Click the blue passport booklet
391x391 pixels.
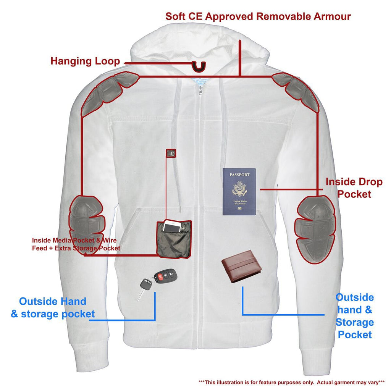[239, 192]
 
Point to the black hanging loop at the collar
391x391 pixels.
[199, 66]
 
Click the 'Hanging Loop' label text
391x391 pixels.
[85, 61]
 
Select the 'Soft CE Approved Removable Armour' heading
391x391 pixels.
[258, 16]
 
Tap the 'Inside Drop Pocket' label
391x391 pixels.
[354, 188]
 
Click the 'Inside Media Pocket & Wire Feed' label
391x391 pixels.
[76, 244]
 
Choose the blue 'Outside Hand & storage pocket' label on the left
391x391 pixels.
[53, 308]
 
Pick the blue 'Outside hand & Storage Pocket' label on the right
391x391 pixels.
[354, 316]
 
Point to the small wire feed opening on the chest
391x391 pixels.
[171, 153]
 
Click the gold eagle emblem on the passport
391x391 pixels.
[239, 189]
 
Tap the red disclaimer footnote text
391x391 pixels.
[291, 382]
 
